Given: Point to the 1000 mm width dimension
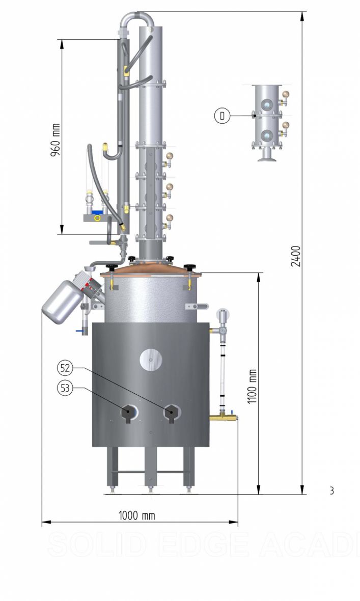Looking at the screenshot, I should pos(136,515).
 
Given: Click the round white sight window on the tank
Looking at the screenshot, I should pos(151,360).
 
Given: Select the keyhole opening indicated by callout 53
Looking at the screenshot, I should pos(128,413).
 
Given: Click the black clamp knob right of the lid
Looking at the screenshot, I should pos(190,266).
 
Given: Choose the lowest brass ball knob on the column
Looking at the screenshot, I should pos(170,218).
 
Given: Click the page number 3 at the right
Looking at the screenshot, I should pos(331,491).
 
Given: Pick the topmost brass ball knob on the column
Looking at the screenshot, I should pos(170,156).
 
